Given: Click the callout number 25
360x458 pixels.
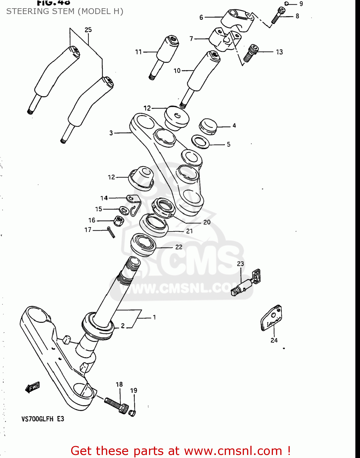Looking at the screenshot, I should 88,30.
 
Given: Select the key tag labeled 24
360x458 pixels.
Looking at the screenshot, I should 271,318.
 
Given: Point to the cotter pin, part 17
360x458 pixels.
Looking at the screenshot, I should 111,232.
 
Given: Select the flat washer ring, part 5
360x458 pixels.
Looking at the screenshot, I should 200,142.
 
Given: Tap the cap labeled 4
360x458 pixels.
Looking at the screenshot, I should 208,126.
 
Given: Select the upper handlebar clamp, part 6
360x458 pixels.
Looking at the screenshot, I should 237,20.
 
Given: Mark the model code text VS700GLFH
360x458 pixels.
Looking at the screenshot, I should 37,419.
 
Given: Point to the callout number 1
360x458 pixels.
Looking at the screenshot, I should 154,317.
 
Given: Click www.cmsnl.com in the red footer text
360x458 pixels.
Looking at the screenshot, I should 233,451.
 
